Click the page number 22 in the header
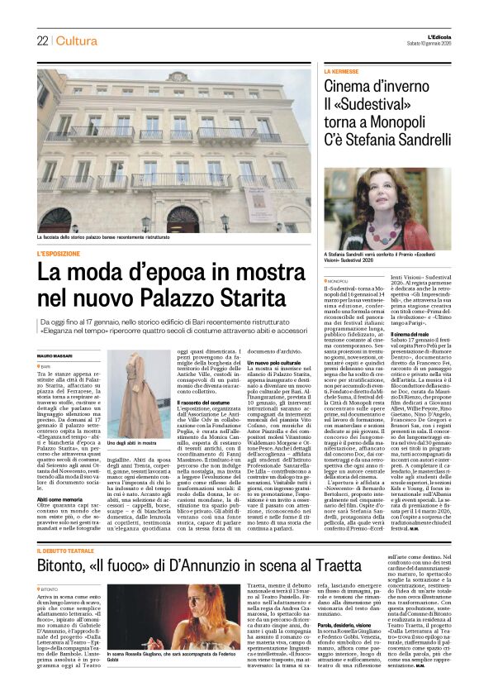[42, 41]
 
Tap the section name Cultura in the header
[78, 41]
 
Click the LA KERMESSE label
[342, 73]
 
